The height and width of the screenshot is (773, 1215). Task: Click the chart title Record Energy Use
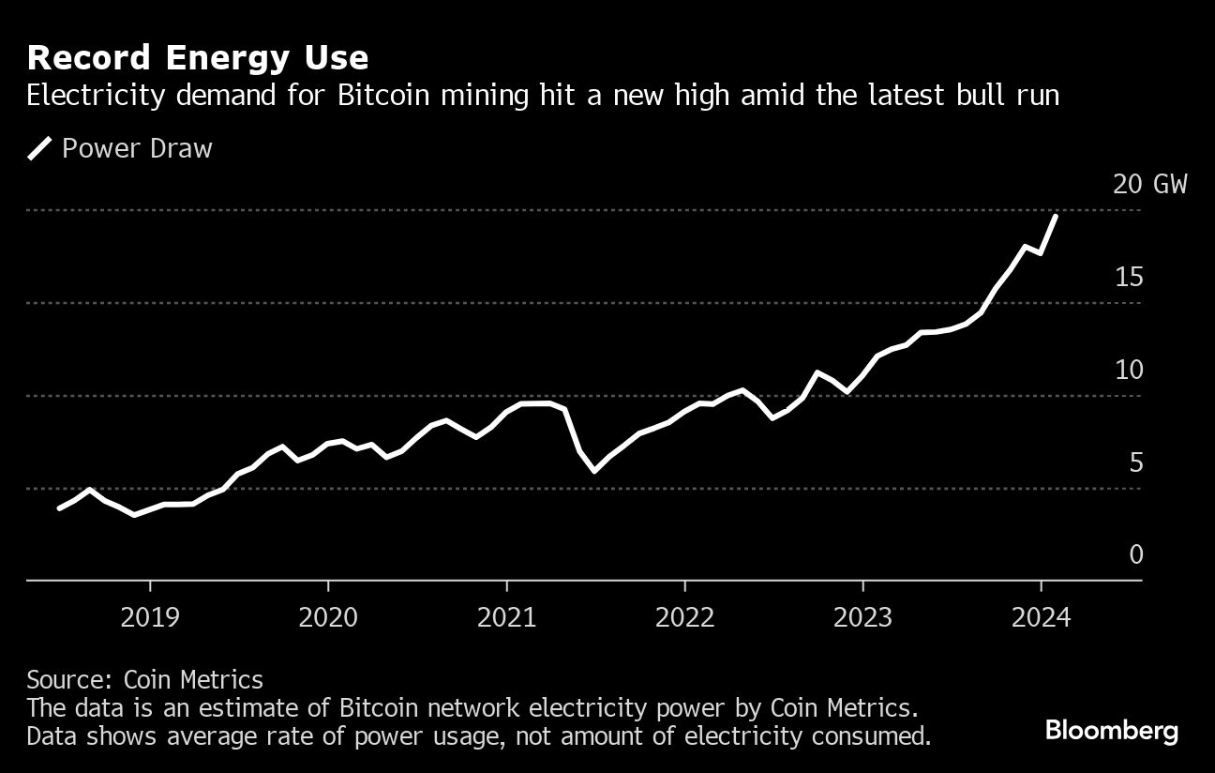[198, 58]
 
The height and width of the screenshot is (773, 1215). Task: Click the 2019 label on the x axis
[149, 617]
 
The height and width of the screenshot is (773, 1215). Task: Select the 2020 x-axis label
[328, 617]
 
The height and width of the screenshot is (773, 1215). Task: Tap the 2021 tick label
[506, 617]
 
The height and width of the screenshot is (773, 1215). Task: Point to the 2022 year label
[685, 617]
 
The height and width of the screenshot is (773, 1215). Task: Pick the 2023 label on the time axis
[863, 617]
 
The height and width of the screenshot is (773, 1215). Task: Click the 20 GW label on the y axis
[1149, 184]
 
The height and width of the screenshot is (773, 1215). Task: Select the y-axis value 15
[1129, 277]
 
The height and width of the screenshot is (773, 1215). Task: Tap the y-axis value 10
[1129, 370]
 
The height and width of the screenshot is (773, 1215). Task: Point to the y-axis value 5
[1135, 462]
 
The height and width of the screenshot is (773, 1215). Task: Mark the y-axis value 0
[1135, 555]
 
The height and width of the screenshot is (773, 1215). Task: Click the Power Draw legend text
[137, 148]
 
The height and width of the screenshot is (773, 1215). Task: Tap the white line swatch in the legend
[39, 148]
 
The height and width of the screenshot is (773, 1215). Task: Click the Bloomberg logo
[1111, 732]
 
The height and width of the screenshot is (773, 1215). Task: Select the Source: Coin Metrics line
[144, 679]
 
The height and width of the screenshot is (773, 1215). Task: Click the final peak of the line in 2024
[1056, 217]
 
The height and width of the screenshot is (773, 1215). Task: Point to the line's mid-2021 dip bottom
[594, 471]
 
